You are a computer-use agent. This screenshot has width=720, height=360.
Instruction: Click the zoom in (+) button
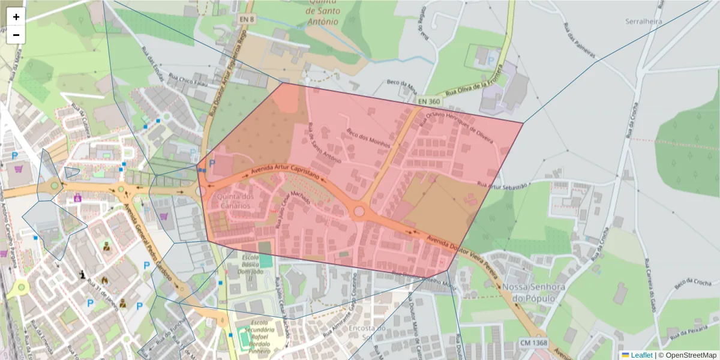[16, 17]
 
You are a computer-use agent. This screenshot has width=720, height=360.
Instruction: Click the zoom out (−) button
[16, 35]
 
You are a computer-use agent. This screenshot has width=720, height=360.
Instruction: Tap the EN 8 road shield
[247, 19]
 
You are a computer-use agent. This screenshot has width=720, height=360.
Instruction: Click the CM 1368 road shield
[534, 343]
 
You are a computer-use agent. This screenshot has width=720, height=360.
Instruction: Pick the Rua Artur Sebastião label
[502, 185]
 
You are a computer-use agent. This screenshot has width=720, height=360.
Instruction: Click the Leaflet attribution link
[641, 355]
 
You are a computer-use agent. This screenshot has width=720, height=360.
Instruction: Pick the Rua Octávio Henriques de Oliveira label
[459, 127]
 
